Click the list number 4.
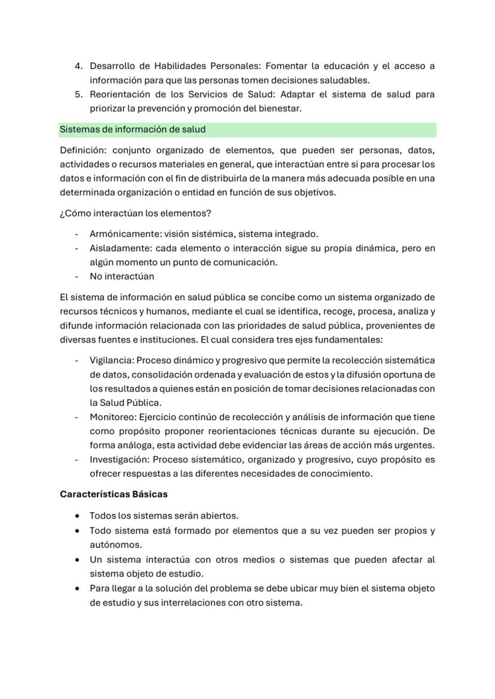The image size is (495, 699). tap(77, 66)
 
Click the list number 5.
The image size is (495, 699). tap(77, 94)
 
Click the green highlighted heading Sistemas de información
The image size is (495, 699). tap(132, 129)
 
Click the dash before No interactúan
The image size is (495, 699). tap(77, 276)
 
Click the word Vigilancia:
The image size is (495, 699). tap(113, 361)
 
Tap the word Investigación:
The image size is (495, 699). tap(119, 460)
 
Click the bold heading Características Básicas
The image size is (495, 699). tap(114, 495)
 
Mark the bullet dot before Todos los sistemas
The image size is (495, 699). tap(78, 516)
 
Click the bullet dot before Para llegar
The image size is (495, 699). tap(78, 589)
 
